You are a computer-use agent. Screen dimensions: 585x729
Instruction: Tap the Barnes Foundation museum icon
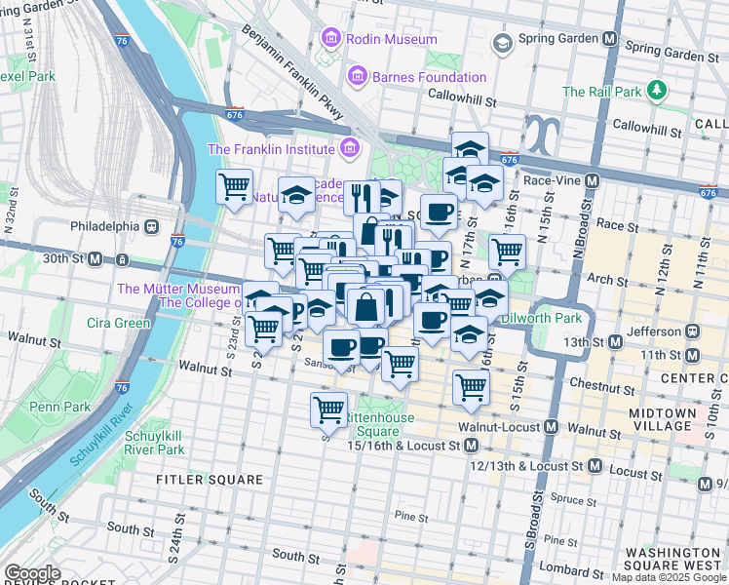pos(357,76)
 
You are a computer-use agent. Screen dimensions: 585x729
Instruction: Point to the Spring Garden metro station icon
pos(610,40)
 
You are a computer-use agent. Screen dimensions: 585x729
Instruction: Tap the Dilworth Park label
pos(541,318)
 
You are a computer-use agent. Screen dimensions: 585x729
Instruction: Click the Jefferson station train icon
pos(693,331)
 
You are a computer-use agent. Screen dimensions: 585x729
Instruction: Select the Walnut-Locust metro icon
pos(551,427)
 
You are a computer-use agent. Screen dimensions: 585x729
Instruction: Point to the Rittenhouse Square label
pos(382,424)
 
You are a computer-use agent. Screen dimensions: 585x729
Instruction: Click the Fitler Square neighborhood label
pos(210,480)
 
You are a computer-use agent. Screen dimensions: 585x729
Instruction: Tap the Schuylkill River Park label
pos(154,443)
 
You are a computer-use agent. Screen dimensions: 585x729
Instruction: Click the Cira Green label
pos(118,323)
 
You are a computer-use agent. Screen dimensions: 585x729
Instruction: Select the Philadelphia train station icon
pos(152,226)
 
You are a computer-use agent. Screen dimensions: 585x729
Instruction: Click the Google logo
pos(32,572)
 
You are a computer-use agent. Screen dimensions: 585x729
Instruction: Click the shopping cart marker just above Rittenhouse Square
pos(329,409)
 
